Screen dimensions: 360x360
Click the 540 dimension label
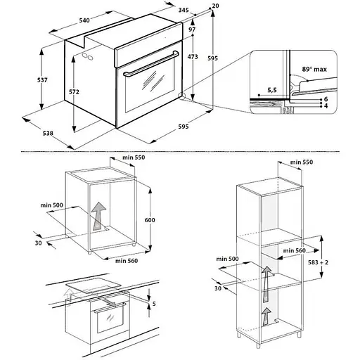pos(84,20)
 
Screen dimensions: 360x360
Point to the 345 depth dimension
pos(184,10)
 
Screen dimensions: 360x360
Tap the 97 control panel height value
pos(192,30)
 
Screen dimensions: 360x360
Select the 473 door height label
pos(193,57)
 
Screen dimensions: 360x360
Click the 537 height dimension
pos(42,80)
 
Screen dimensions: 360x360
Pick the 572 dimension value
pos(74,92)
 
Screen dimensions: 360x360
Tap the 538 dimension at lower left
pos(48,133)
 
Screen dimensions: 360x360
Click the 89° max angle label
pos(314,69)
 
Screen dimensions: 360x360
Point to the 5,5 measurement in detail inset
pos(272,90)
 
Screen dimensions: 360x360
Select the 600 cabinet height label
pos(150,220)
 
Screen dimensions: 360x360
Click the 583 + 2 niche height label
pos(318,262)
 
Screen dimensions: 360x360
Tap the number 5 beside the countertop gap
pos(154,304)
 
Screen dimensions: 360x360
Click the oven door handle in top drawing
pos(151,63)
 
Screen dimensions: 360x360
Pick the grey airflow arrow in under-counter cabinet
pos(98,216)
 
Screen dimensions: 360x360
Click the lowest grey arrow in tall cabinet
pos(266,316)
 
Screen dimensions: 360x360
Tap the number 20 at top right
pos(215,6)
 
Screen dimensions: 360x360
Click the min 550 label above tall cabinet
pos(302,162)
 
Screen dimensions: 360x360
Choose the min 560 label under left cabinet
pos(127,261)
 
